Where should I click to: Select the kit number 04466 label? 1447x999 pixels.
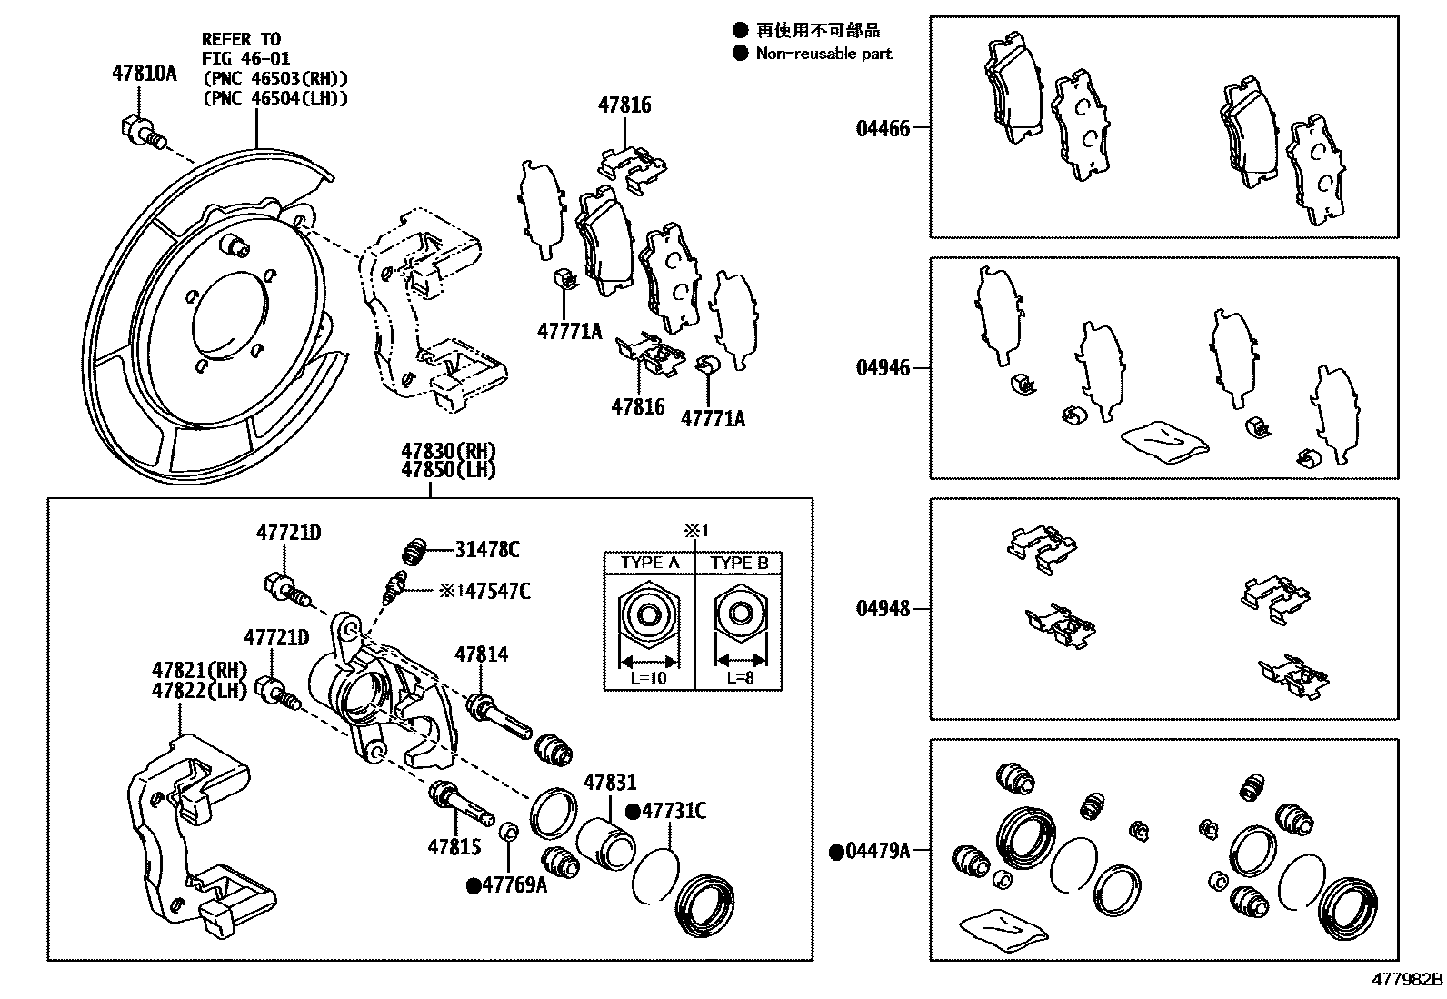[x=882, y=128]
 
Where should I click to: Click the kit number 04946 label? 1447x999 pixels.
[x=882, y=368]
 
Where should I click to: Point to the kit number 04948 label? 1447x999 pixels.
[x=882, y=608]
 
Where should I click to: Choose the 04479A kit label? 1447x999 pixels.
[x=876, y=851]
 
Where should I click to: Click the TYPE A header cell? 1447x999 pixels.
[x=649, y=563]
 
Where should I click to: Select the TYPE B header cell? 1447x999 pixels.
[x=739, y=563]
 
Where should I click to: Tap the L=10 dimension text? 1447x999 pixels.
[x=649, y=678]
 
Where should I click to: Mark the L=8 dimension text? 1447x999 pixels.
[x=739, y=678]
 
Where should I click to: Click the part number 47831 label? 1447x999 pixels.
[x=610, y=782]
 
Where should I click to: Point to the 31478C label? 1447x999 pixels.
[x=487, y=549]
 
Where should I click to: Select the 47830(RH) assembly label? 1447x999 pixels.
[x=449, y=452]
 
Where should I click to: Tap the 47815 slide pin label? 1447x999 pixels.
[x=454, y=846]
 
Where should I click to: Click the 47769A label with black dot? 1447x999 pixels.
[x=514, y=884]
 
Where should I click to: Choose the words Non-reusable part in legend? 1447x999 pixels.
[x=823, y=54]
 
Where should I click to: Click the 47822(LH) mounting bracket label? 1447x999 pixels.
[x=199, y=690]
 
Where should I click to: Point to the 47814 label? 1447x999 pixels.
[x=481, y=654]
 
